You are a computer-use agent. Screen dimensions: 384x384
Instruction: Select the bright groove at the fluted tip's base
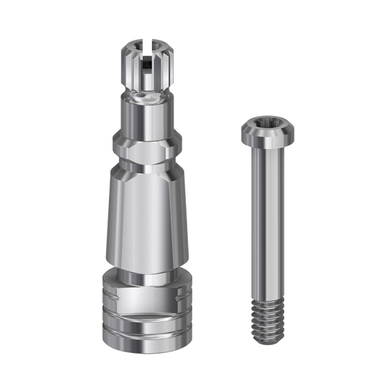tap(145, 91)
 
